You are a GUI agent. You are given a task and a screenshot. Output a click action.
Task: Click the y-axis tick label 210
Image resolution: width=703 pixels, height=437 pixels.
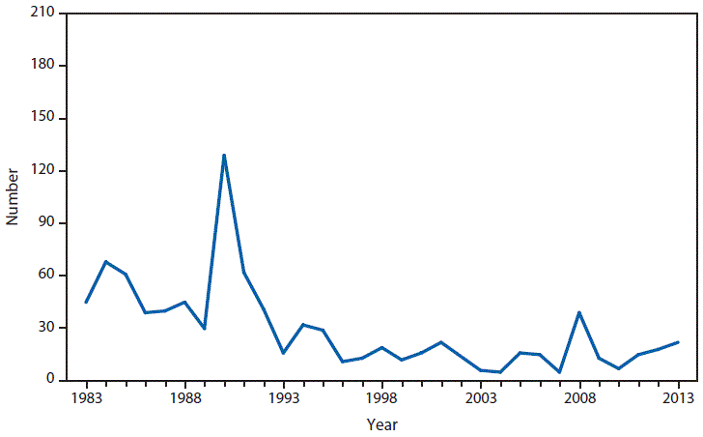42,14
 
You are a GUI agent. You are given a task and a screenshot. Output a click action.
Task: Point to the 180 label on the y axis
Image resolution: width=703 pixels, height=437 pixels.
42,66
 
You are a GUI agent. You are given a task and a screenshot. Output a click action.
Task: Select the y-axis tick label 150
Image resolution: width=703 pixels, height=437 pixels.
42,118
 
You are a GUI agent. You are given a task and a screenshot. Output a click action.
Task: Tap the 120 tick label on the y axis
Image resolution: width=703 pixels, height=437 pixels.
42,170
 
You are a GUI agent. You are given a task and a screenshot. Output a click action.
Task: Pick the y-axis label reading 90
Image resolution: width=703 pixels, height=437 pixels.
45,222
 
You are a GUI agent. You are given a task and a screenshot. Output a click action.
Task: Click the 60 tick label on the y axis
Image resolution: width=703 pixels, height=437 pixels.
45,275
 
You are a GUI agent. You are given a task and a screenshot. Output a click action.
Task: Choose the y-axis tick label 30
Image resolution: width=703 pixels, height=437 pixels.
45,328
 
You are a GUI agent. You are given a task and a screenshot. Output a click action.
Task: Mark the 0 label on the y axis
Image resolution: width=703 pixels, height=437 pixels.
49,380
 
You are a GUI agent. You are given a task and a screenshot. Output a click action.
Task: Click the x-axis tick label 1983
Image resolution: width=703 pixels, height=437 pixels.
86,396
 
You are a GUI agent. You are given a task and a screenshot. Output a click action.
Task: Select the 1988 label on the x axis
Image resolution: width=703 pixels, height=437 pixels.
184,396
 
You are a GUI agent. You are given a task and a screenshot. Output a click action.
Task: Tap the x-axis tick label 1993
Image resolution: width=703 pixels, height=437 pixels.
283,396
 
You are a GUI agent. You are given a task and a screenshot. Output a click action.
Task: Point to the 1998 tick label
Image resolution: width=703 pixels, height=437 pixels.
382,396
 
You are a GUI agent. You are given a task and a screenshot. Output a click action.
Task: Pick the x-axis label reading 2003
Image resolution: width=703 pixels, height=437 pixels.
481,396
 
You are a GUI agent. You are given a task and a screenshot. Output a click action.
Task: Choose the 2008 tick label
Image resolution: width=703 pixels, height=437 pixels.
579,396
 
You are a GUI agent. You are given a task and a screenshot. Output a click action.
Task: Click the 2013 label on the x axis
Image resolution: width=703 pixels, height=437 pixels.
679,396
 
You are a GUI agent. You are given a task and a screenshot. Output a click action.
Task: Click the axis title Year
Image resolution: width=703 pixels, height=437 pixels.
381,423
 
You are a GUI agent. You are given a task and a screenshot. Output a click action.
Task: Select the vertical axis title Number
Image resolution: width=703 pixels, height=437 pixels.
13,197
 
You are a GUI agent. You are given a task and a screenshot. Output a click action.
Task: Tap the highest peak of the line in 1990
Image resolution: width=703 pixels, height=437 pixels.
224,155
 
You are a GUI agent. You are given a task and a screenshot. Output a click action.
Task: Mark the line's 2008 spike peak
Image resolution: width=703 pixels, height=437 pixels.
579,312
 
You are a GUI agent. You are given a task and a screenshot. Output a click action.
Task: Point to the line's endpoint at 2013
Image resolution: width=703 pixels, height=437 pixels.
679,342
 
